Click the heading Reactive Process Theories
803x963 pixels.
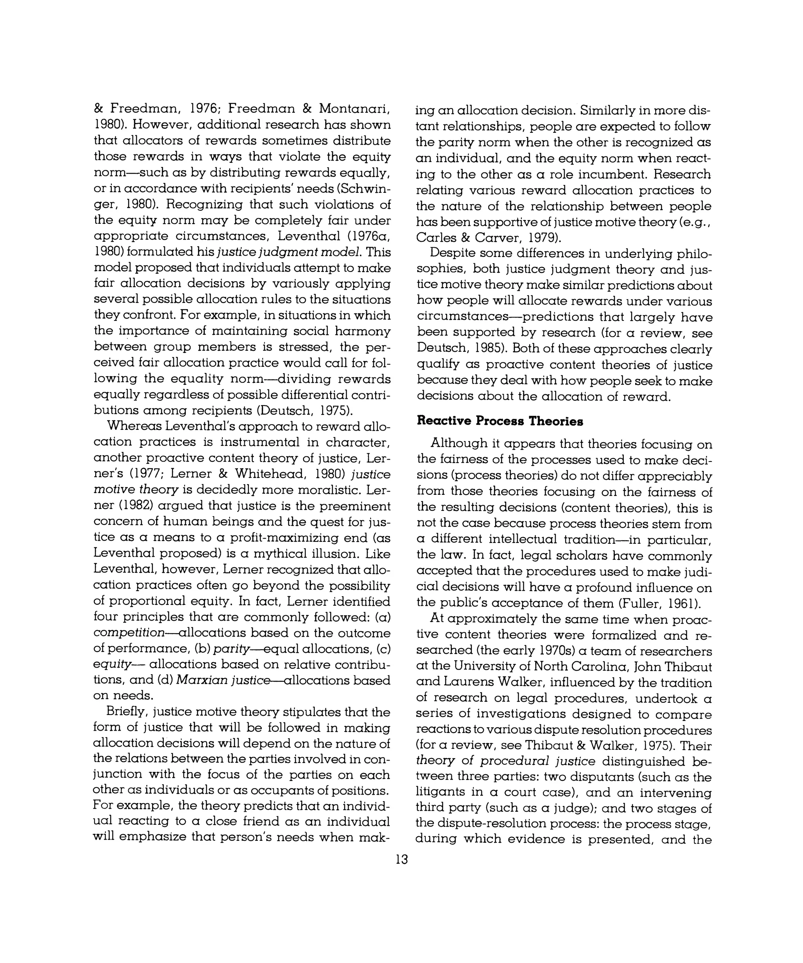[500, 421]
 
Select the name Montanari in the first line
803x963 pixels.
[354, 109]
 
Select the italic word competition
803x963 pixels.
[129, 633]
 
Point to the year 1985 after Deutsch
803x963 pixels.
[482, 349]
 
